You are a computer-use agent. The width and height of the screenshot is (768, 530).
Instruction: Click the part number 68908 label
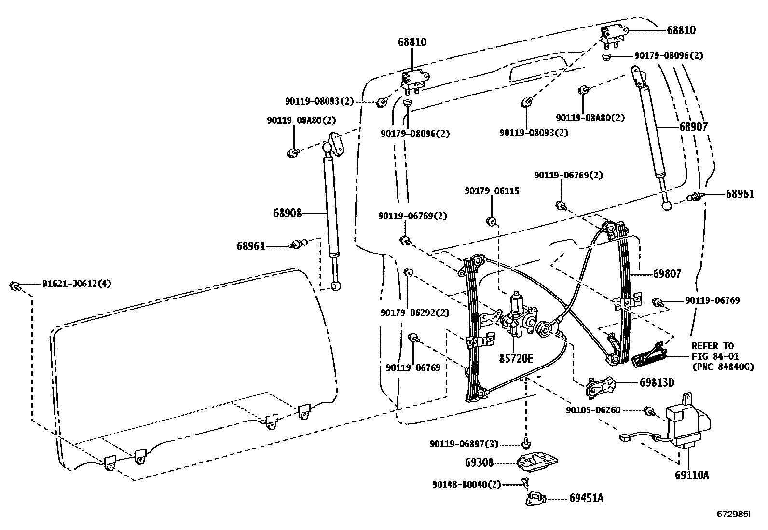click(288, 213)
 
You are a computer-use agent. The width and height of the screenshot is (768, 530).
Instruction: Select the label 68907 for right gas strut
click(693, 127)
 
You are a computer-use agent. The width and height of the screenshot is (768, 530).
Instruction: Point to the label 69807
click(667, 274)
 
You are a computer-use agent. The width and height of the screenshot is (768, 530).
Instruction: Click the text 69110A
click(692, 475)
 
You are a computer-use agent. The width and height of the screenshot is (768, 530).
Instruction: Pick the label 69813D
click(657, 382)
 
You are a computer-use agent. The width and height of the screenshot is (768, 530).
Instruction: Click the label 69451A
click(586, 498)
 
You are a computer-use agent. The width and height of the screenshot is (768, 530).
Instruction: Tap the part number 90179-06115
click(492, 191)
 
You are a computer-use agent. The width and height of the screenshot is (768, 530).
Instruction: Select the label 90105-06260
click(593, 410)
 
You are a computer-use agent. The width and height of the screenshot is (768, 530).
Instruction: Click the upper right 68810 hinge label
click(681, 30)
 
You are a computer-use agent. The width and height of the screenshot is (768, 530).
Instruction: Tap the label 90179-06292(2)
click(415, 313)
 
